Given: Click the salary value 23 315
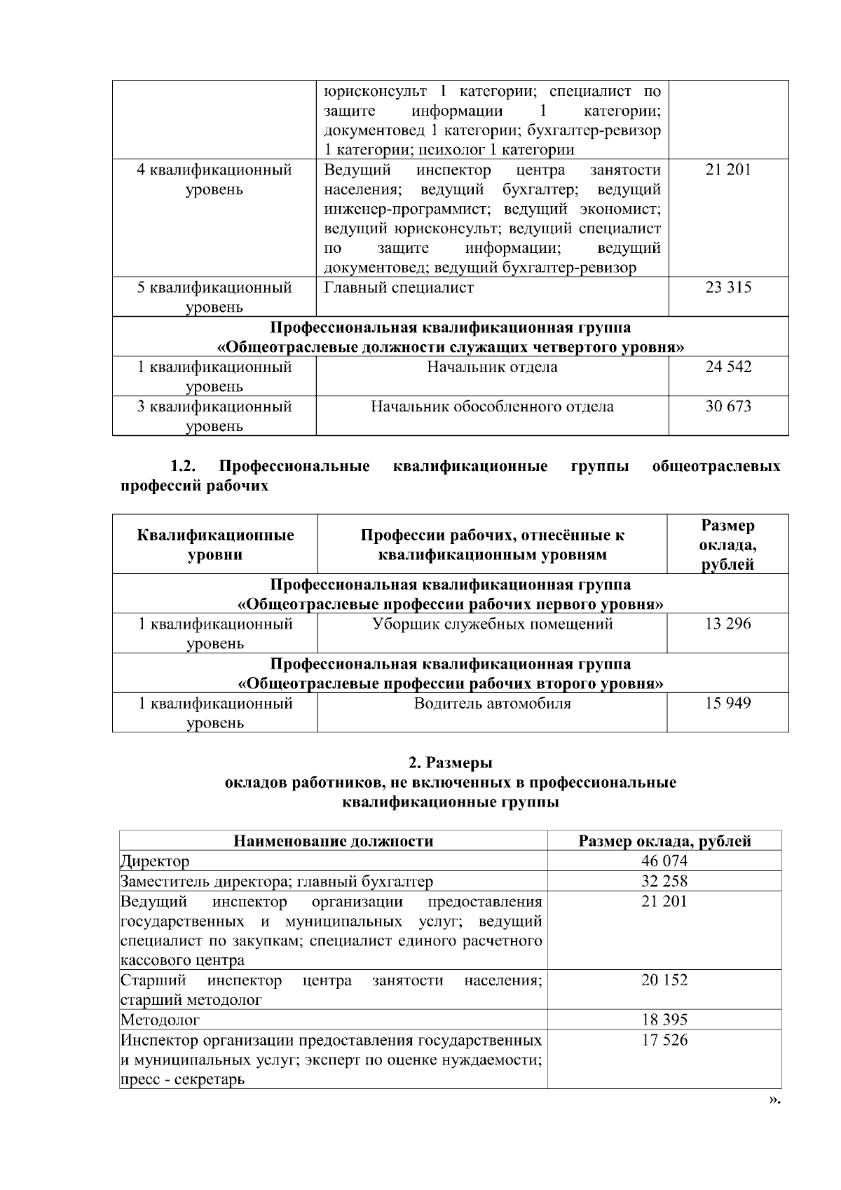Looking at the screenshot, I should [x=728, y=287].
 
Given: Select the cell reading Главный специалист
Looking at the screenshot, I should [x=399, y=287].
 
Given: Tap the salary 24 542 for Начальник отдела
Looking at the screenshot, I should [x=728, y=367].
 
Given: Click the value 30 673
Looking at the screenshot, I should [x=728, y=406].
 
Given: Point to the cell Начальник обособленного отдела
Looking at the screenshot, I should [x=492, y=406].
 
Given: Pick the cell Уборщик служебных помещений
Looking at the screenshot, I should [x=492, y=624].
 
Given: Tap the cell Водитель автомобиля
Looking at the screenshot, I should [x=492, y=703].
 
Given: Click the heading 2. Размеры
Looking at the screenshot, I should [x=450, y=762].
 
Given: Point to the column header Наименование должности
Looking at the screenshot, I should [x=333, y=841].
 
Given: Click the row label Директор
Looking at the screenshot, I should [x=155, y=861].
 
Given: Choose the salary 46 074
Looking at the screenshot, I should [x=664, y=861].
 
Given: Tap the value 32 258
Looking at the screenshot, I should [x=664, y=881].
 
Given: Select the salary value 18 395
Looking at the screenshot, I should [x=664, y=1020].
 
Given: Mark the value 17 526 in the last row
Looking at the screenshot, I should [x=664, y=1040].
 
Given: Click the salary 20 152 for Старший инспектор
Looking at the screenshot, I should [x=664, y=980].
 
